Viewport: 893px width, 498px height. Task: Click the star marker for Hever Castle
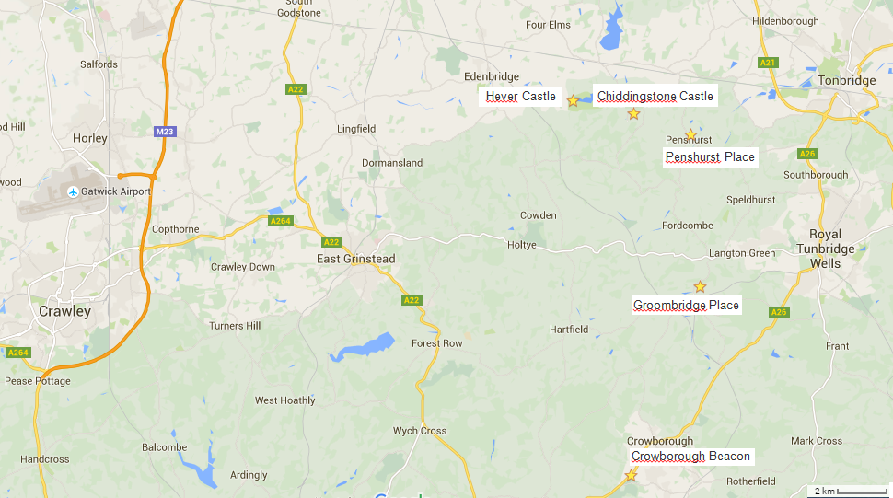(573, 100)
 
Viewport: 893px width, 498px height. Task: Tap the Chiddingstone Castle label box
(655, 96)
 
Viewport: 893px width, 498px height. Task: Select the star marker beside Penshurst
(690, 134)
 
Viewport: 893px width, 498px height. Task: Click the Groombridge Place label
(686, 305)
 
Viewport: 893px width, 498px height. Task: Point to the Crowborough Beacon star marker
(631, 476)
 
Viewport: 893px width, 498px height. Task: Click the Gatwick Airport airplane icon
(73, 191)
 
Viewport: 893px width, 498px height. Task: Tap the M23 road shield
(164, 132)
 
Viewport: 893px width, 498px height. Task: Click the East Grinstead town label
(356, 259)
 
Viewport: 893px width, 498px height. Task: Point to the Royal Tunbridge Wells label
(825, 249)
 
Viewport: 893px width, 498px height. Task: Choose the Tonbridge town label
(846, 80)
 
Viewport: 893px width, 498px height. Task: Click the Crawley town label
(64, 311)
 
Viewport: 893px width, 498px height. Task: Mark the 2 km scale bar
(848, 491)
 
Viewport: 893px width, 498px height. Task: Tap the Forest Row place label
(437, 343)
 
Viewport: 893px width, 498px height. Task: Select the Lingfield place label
(356, 129)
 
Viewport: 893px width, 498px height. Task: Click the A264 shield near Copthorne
(281, 221)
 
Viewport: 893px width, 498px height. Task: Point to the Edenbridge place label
(492, 76)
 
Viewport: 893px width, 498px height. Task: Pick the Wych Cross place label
(420, 431)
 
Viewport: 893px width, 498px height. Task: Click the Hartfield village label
(569, 330)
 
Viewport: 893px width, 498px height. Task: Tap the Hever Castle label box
(521, 96)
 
